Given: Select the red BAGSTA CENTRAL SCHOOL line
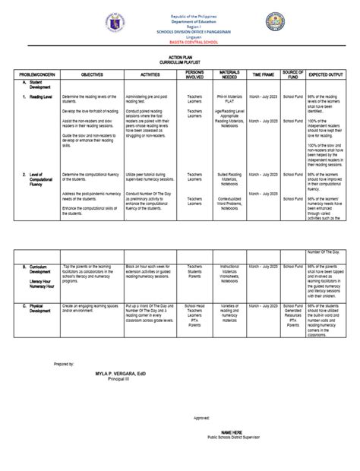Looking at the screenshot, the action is click(x=181, y=47).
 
